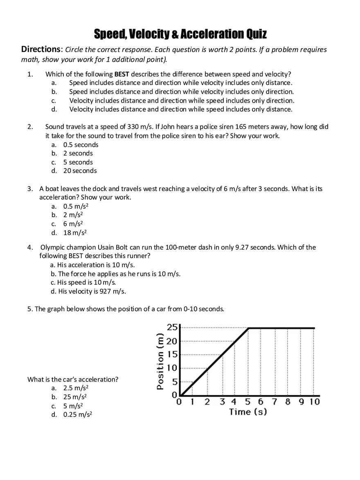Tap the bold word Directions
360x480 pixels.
pos(40,50)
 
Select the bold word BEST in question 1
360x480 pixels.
pos(122,74)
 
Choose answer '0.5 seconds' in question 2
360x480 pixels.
pos(81,144)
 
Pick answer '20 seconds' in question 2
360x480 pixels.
pos(80,171)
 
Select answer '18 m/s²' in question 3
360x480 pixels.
pos(75,233)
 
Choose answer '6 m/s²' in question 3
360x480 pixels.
pos(73,224)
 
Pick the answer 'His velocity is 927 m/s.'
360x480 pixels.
pos(92,291)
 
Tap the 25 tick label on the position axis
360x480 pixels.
pos(172,327)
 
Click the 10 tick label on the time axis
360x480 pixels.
pos(314,401)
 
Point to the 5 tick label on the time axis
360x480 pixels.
pos(248,401)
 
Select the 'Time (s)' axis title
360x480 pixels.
pos(248,412)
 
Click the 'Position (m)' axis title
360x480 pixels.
pos(161,361)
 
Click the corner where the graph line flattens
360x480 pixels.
pos(248,328)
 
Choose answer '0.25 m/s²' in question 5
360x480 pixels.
pos(77,415)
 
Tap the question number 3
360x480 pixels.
pos(30,189)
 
